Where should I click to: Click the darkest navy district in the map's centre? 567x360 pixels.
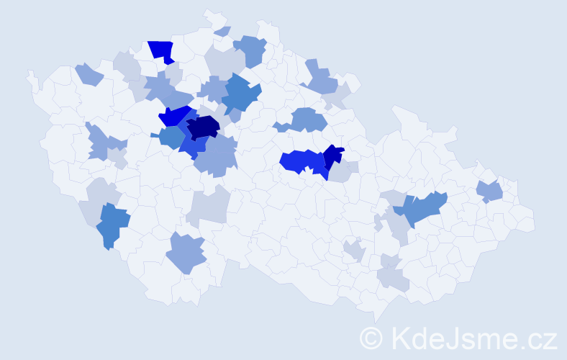pos(203,127)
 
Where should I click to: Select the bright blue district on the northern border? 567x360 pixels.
pos(162,51)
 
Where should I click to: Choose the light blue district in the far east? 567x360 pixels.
pos(490,192)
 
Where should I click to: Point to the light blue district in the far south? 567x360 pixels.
pos(186,254)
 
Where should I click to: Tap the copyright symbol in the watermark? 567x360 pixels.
pos(372,337)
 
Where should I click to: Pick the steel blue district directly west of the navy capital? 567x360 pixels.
pos(172,137)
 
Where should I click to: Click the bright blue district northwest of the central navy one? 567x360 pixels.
pos(175,115)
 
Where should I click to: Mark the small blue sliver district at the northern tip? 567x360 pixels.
pos(223,31)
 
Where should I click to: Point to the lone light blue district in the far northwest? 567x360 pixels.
pos(89,73)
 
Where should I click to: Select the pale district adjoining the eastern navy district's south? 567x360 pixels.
pos(343,172)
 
